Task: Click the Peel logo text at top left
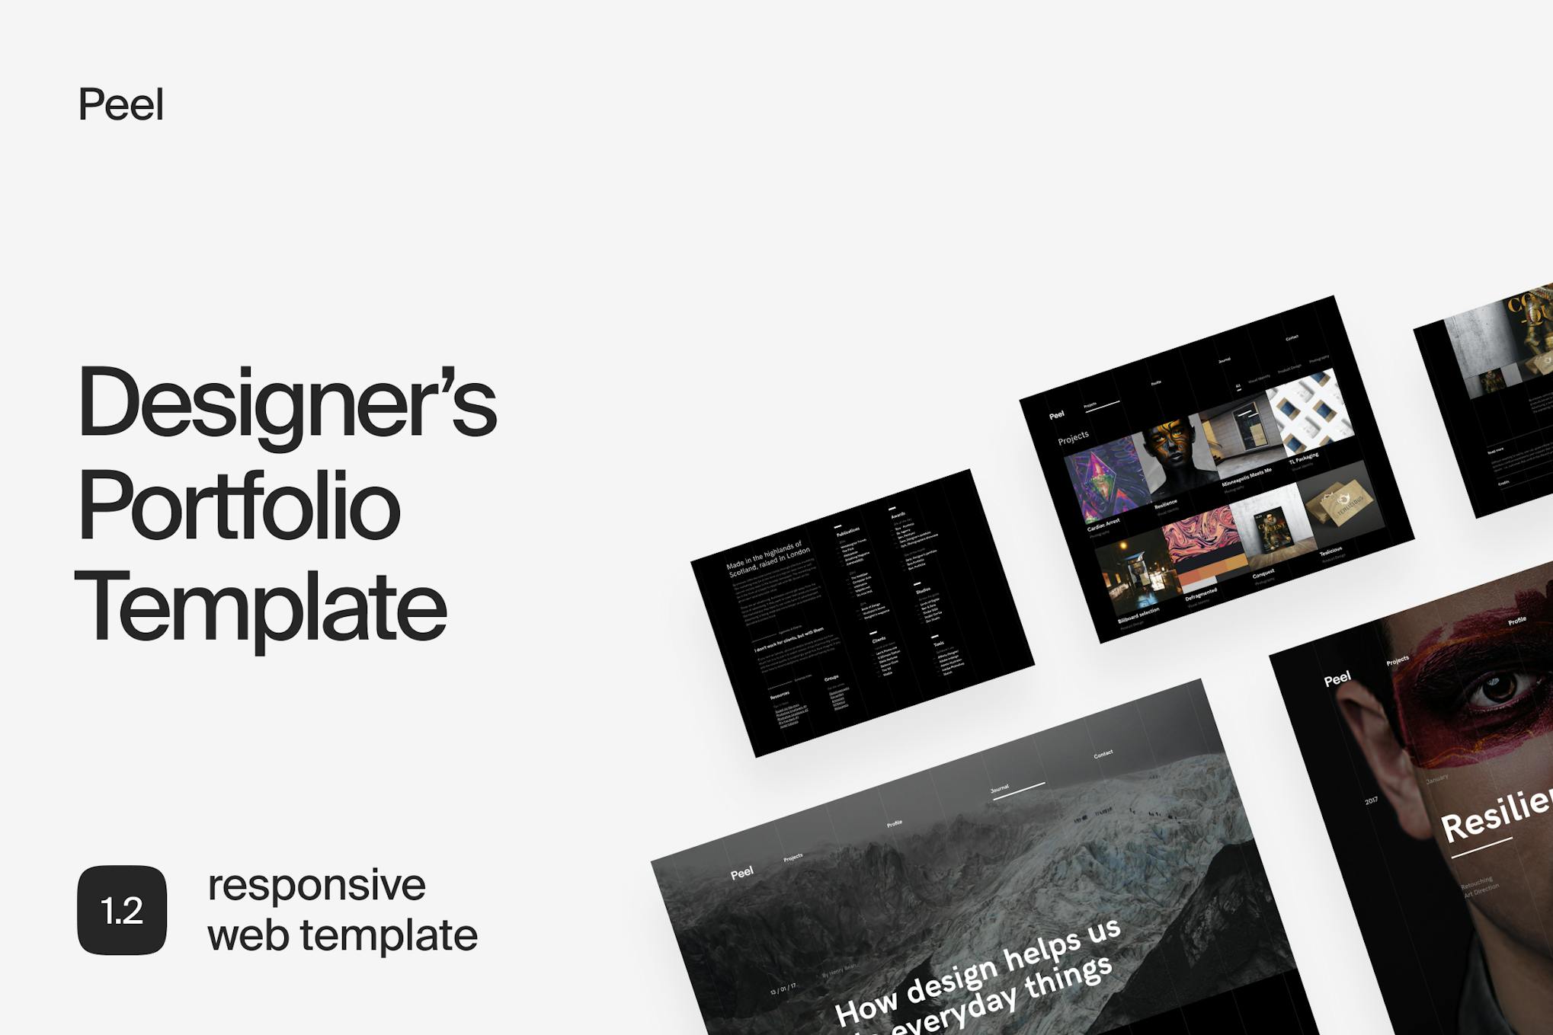[120, 104]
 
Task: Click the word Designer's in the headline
[287, 402]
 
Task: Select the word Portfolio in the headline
[239, 506]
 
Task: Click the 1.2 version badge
[122, 910]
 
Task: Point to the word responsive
[316, 885]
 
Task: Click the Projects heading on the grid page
[1073, 437]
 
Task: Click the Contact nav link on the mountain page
[1103, 754]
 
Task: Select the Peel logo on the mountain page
[741, 873]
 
